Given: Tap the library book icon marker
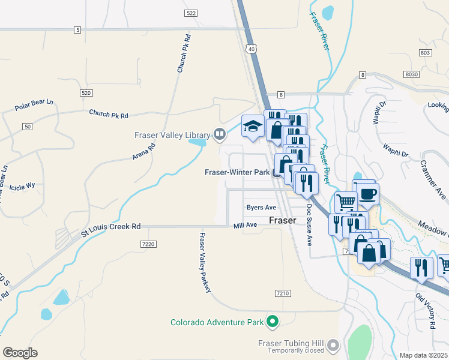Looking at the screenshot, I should pyautogui.click(x=220, y=134).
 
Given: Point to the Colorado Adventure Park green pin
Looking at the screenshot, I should pyautogui.click(x=273, y=322).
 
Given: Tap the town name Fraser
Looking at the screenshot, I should pyautogui.click(x=282, y=220).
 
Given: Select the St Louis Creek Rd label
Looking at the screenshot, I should pyautogui.click(x=111, y=227).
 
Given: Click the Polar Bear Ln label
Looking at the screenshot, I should pyautogui.click(x=35, y=107).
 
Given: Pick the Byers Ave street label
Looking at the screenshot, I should pyautogui.click(x=261, y=208).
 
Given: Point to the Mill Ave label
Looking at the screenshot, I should pyautogui.click(x=245, y=226).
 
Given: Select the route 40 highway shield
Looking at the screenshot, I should pyautogui.click(x=252, y=49).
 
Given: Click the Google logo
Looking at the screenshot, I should pyautogui.click(x=20, y=353).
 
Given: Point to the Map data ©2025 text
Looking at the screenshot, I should pyautogui.click(x=423, y=355).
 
